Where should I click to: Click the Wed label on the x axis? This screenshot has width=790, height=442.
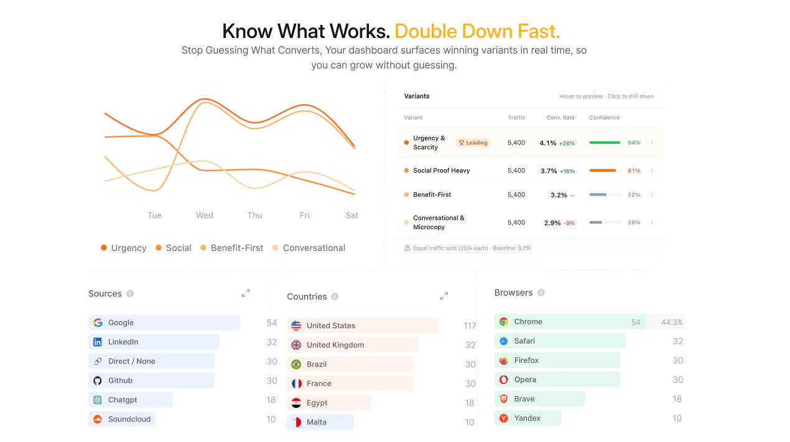205,215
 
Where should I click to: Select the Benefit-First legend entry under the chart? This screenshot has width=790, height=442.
237,248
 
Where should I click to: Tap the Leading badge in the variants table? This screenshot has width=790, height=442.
473,143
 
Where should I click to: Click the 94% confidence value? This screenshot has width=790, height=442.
634,143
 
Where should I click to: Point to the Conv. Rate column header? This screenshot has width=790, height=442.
560,118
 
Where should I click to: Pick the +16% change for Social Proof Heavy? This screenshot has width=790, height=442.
567,171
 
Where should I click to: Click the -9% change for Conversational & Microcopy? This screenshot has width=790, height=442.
569,223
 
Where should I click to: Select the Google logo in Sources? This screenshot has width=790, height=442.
98,322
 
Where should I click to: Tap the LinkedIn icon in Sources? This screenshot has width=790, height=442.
98,342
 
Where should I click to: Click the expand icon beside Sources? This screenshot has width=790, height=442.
246,293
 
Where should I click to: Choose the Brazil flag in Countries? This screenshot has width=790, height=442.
296,364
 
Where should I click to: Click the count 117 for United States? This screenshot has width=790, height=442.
470,326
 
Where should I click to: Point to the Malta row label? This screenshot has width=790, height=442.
317,422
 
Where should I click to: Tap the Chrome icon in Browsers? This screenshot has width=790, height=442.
504,322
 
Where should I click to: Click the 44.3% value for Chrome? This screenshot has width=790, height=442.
672,322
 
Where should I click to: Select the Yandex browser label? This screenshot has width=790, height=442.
527,418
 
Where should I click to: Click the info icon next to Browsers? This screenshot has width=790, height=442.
541,293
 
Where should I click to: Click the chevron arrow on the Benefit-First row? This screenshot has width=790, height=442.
652,195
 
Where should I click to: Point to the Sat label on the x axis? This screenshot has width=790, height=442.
352,215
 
